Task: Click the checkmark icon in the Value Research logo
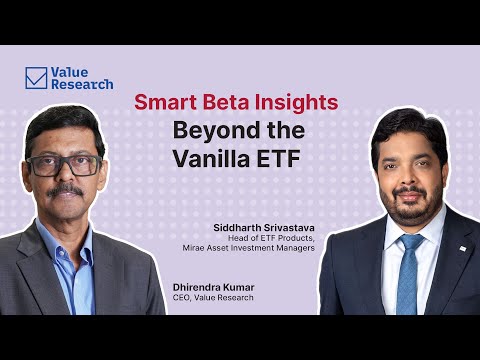click(37, 78)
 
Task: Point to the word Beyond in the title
click(208, 130)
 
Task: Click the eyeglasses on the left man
click(65, 163)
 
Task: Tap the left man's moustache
click(68, 189)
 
